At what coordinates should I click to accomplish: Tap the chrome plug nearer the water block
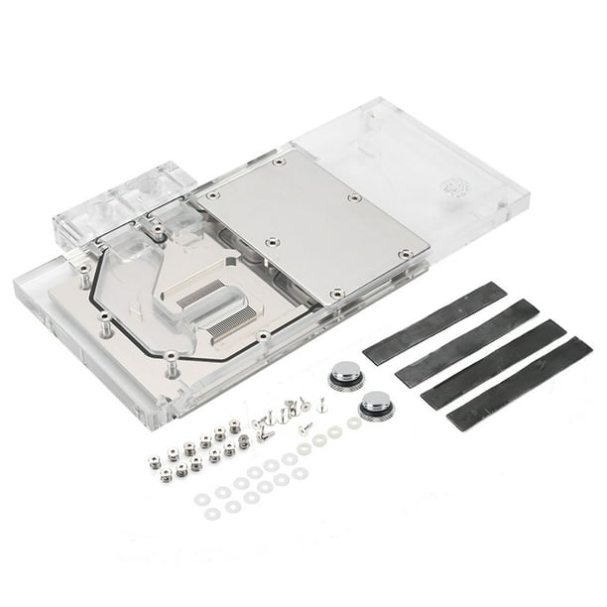(x=344, y=373)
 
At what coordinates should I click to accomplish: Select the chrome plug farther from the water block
(x=376, y=404)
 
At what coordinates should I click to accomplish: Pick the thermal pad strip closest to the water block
(x=434, y=309)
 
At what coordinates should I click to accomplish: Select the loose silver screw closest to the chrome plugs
(x=321, y=406)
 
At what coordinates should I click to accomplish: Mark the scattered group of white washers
(x=253, y=481)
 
